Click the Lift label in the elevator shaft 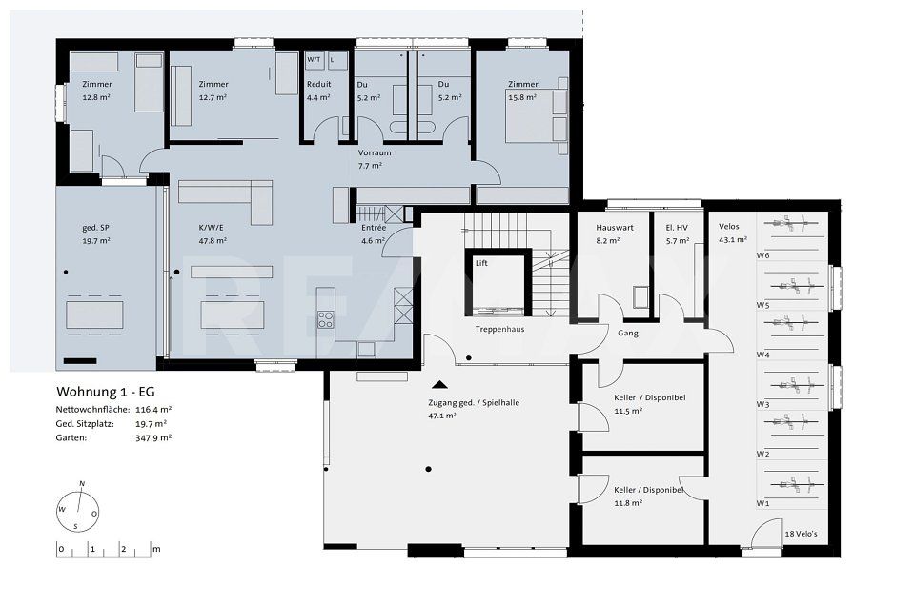pos(481,263)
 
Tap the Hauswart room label pos(615,228)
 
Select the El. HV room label pos(677,228)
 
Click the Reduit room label pos(318,84)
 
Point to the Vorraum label pos(375,152)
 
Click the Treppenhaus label pos(499,329)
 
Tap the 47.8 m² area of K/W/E pos(213,240)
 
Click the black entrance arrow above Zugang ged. pos(439,384)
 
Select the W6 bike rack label pos(762,255)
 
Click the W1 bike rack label pos(762,503)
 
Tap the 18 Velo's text pos(802,534)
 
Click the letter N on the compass pos(82,483)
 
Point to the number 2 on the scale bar pos(123,549)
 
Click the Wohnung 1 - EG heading pos(106,392)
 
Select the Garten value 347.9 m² pos(153,437)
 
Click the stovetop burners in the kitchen pos(326,319)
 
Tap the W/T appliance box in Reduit pos(315,60)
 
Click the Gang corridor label pos(628,333)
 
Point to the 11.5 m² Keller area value pos(628,411)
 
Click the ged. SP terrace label pos(95,228)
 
